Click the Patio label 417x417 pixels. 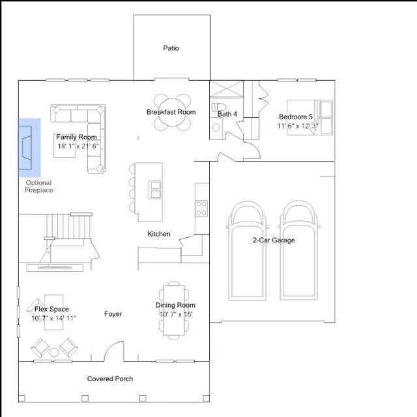171,48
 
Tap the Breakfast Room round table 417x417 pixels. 172,112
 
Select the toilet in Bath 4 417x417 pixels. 219,107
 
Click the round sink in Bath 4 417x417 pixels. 216,128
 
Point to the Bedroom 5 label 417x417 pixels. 296,117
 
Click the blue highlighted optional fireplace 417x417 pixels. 29,148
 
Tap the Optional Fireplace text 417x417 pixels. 39,186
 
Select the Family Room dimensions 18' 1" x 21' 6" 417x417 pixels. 78,146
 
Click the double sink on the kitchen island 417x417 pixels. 154,190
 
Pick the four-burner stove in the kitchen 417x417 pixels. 201,208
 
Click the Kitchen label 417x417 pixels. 159,234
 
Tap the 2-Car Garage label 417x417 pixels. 274,240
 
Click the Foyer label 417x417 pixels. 113,314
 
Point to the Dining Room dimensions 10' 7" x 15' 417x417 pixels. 176,314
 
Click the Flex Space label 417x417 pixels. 51,309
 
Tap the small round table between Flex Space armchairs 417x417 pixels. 54,352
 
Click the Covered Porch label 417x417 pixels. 110,379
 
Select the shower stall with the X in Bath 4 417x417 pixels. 226,89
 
